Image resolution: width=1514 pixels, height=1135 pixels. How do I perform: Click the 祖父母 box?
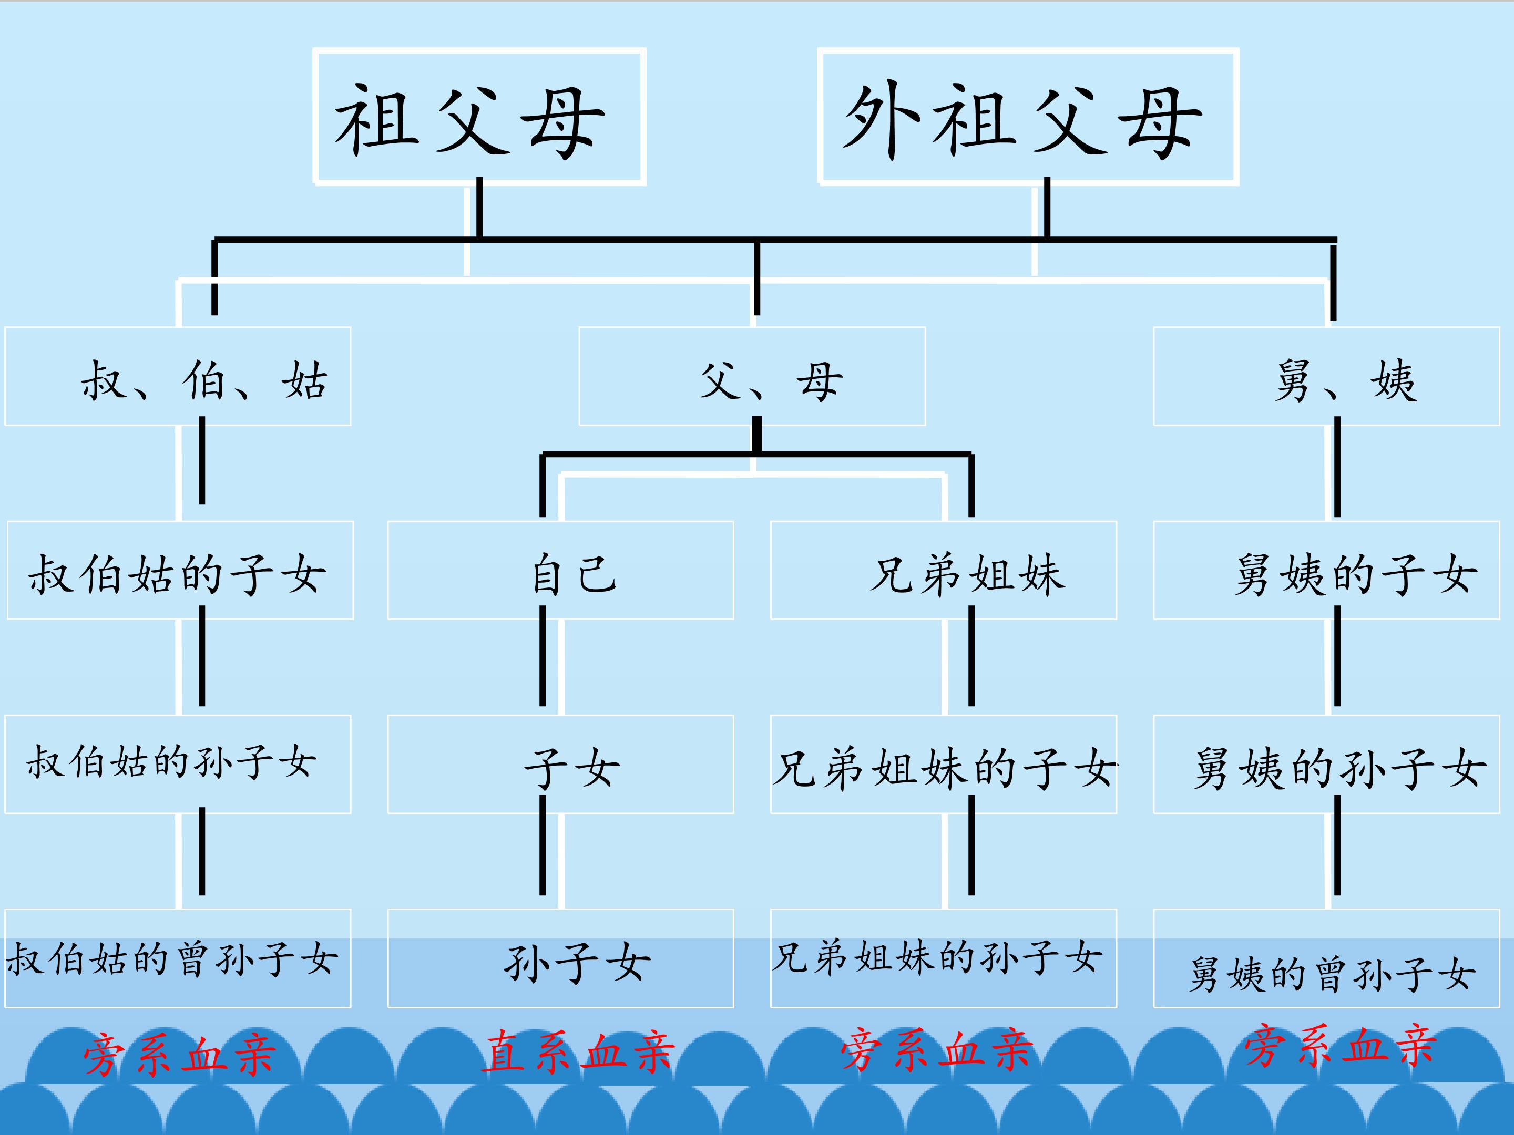tap(479, 116)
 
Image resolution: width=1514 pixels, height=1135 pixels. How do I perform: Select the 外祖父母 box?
tap(1028, 116)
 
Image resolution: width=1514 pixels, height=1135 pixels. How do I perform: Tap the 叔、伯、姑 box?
tap(178, 376)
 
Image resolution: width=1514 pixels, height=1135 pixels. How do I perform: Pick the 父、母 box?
tap(752, 376)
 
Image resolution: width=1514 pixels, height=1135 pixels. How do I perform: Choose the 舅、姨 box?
tap(1326, 376)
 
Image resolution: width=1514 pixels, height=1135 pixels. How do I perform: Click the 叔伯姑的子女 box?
tap(180, 571)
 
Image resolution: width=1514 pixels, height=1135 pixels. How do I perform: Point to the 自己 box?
tap(560, 571)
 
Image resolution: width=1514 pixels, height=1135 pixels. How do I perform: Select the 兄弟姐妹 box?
tap(943, 571)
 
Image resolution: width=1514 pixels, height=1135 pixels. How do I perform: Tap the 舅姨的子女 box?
tap(1326, 571)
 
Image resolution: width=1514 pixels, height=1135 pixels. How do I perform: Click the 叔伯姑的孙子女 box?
tap(178, 764)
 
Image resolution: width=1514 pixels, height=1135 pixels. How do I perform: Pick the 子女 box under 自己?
tap(560, 764)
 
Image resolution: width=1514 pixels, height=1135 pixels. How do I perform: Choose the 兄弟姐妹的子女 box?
tap(943, 764)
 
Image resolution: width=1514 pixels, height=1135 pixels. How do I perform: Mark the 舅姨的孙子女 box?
tap(1326, 764)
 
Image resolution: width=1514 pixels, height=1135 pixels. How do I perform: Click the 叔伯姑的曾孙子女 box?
tap(178, 958)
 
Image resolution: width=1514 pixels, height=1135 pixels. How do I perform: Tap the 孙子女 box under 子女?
tap(560, 958)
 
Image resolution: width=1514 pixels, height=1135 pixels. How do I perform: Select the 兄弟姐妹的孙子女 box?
tap(943, 958)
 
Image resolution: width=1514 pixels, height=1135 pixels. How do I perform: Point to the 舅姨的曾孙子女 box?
tap(1326, 958)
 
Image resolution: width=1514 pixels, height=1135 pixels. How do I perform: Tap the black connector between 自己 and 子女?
tap(543, 657)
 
